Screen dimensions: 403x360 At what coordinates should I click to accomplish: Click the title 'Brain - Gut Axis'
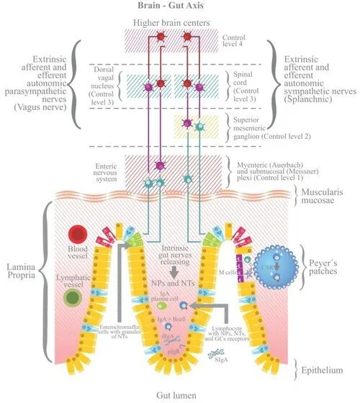[x=179, y=6]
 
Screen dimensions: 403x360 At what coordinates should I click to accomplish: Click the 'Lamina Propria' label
[x=21, y=272]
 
